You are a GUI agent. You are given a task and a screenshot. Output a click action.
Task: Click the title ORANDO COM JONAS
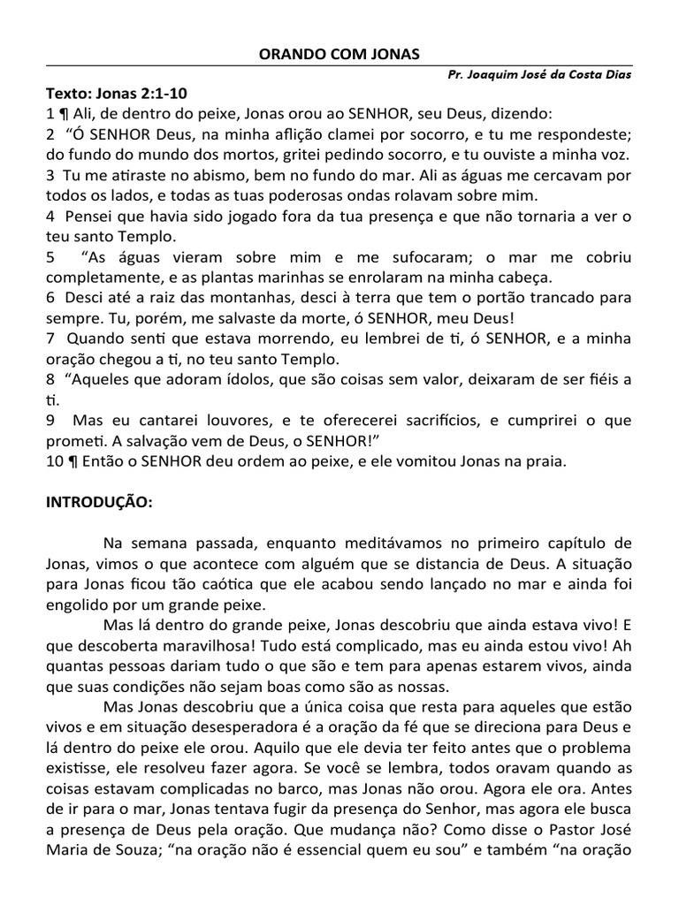339,54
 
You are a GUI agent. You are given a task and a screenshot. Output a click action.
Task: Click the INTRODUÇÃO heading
99,502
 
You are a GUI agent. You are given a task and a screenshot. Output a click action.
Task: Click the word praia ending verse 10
540,461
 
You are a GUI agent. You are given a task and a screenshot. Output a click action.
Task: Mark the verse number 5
50,256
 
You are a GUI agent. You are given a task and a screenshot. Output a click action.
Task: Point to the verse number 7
50,338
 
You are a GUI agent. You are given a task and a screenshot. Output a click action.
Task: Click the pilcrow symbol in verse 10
67,461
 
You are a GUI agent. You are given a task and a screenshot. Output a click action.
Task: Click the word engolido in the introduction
78,605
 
